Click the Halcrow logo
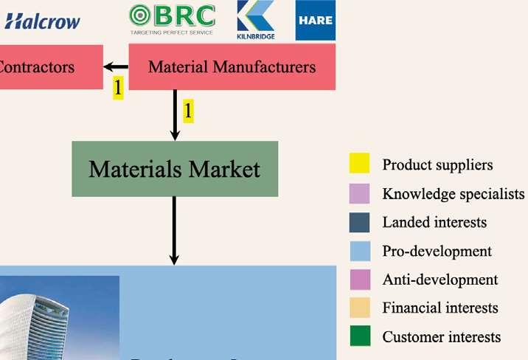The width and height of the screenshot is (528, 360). coord(42,21)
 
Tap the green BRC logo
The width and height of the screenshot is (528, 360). coord(172,20)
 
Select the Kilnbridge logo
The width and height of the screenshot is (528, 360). coord(255,20)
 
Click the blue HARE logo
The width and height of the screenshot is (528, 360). coord(315,21)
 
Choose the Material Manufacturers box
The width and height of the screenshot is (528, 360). coord(232,67)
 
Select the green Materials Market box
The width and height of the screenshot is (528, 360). coord(175,169)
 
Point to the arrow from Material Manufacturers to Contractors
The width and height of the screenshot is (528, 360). coord(116,68)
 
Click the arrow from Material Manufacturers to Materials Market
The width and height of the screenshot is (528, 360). coord(175,115)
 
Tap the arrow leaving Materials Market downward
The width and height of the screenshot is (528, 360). coord(175,230)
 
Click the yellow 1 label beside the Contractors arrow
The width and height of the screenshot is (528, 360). coord(117,88)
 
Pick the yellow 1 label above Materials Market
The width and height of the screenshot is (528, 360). coord(188,111)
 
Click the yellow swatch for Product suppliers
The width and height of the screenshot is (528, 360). coord(359,165)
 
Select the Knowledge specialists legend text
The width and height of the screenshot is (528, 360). coord(453,194)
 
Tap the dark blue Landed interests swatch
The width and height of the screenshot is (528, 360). coord(359,222)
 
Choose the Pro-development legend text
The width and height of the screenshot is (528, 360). coord(437,251)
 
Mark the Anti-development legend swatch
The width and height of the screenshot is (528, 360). coord(359,280)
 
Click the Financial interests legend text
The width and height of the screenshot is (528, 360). coord(440,308)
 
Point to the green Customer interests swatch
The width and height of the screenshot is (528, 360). coord(359,336)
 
